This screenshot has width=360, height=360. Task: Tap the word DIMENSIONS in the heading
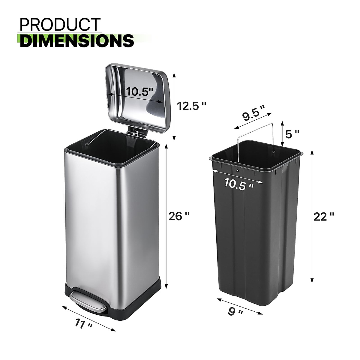77,41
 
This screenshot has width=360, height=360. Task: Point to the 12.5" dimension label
191,106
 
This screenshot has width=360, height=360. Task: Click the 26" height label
179,216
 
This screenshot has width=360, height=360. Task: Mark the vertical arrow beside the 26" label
166,216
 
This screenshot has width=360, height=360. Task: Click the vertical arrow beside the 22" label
312,216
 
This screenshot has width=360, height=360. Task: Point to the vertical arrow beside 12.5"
174,106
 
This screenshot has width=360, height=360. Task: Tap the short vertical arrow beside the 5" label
282,134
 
